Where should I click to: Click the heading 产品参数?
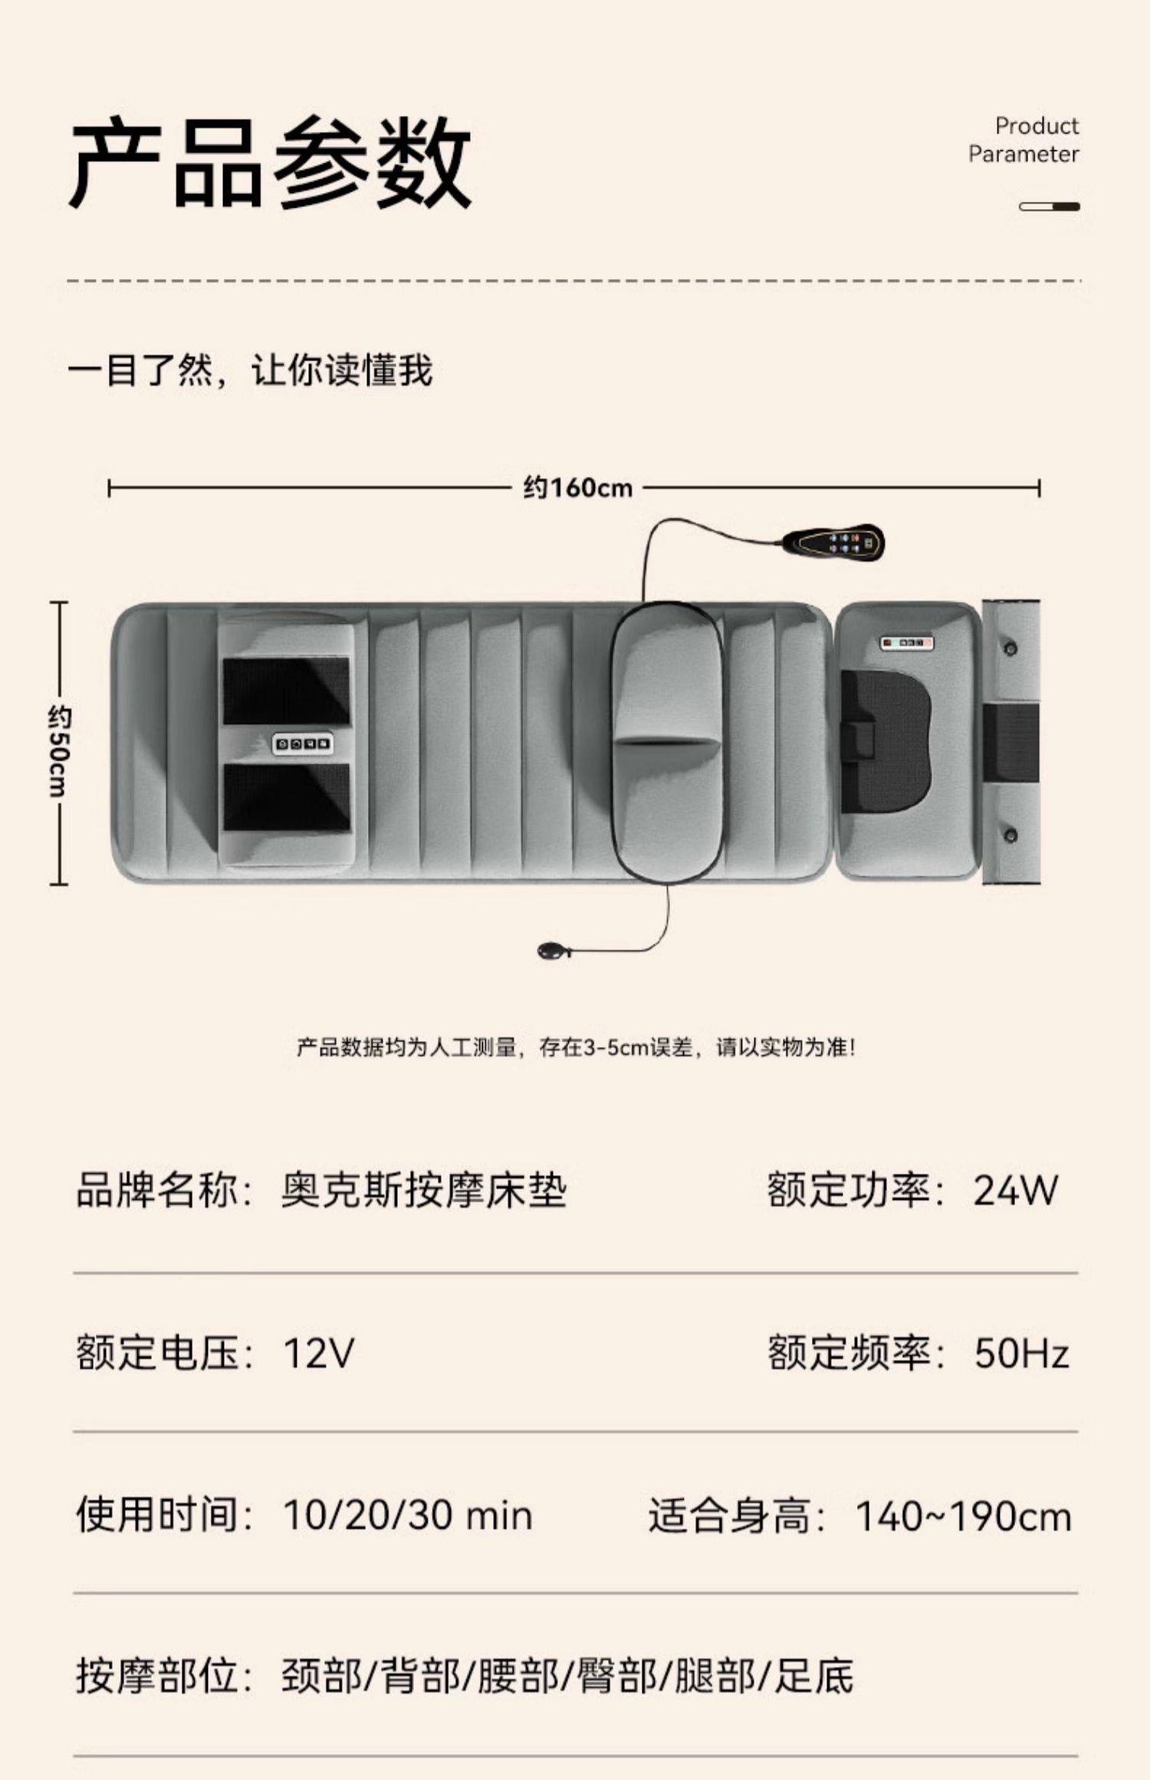[x=270, y=163]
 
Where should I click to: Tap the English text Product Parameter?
[x=1024, y=140]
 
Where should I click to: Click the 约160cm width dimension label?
[x=578, y=488]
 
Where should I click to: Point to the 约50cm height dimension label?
[x=59, y=751]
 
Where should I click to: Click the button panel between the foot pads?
[x=304, y=743]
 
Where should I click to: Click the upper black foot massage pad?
[x=286, y=690]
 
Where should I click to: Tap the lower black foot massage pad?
[x=286, y=797]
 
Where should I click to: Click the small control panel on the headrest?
[x=906, y=642]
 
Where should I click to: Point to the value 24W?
[x=1015, y=1190]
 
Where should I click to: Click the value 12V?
[x=318, y=1353]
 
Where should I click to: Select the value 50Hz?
[x=1021, y=1353]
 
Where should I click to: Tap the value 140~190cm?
[x=963, y=1517]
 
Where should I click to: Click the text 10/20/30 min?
[x=407, y=1516]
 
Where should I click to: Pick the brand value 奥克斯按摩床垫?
[x=424, y=1190]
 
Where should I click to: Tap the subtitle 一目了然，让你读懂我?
[x=250, y=370]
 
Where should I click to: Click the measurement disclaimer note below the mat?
[x=575, y=1047]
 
